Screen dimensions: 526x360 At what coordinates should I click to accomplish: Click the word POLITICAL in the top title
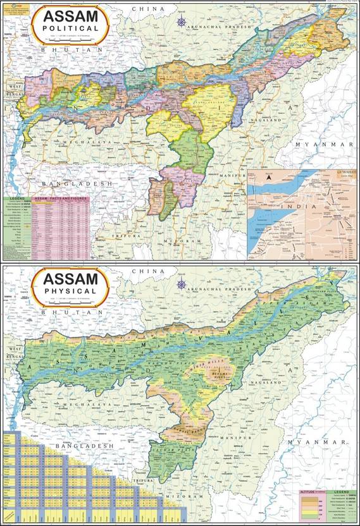[70, 28]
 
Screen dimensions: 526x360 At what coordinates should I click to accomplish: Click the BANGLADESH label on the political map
[76, 183]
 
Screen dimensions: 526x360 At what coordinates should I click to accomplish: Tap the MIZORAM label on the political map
[177, 242]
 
